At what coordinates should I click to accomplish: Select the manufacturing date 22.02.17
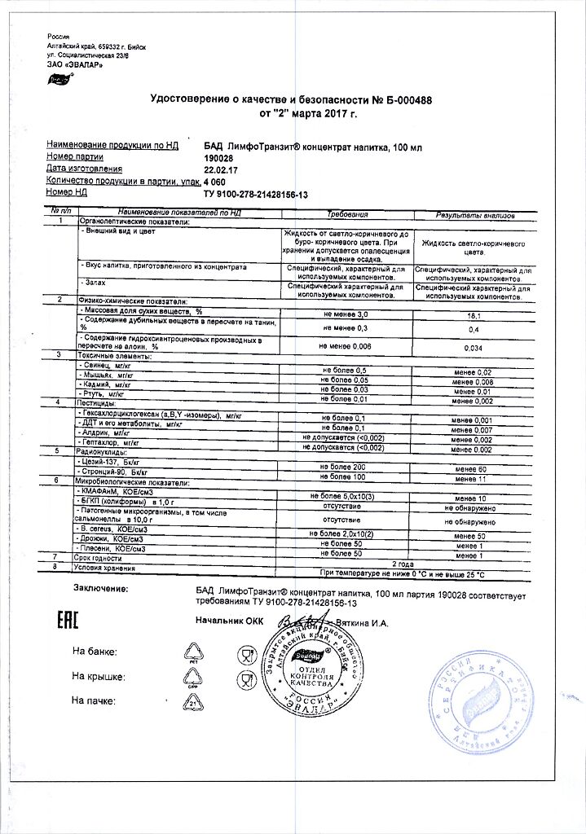click(220, 169)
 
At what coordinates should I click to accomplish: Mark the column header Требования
click(347, 214)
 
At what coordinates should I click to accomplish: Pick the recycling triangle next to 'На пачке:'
click(195, 699)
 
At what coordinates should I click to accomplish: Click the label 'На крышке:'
click(97, 676)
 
